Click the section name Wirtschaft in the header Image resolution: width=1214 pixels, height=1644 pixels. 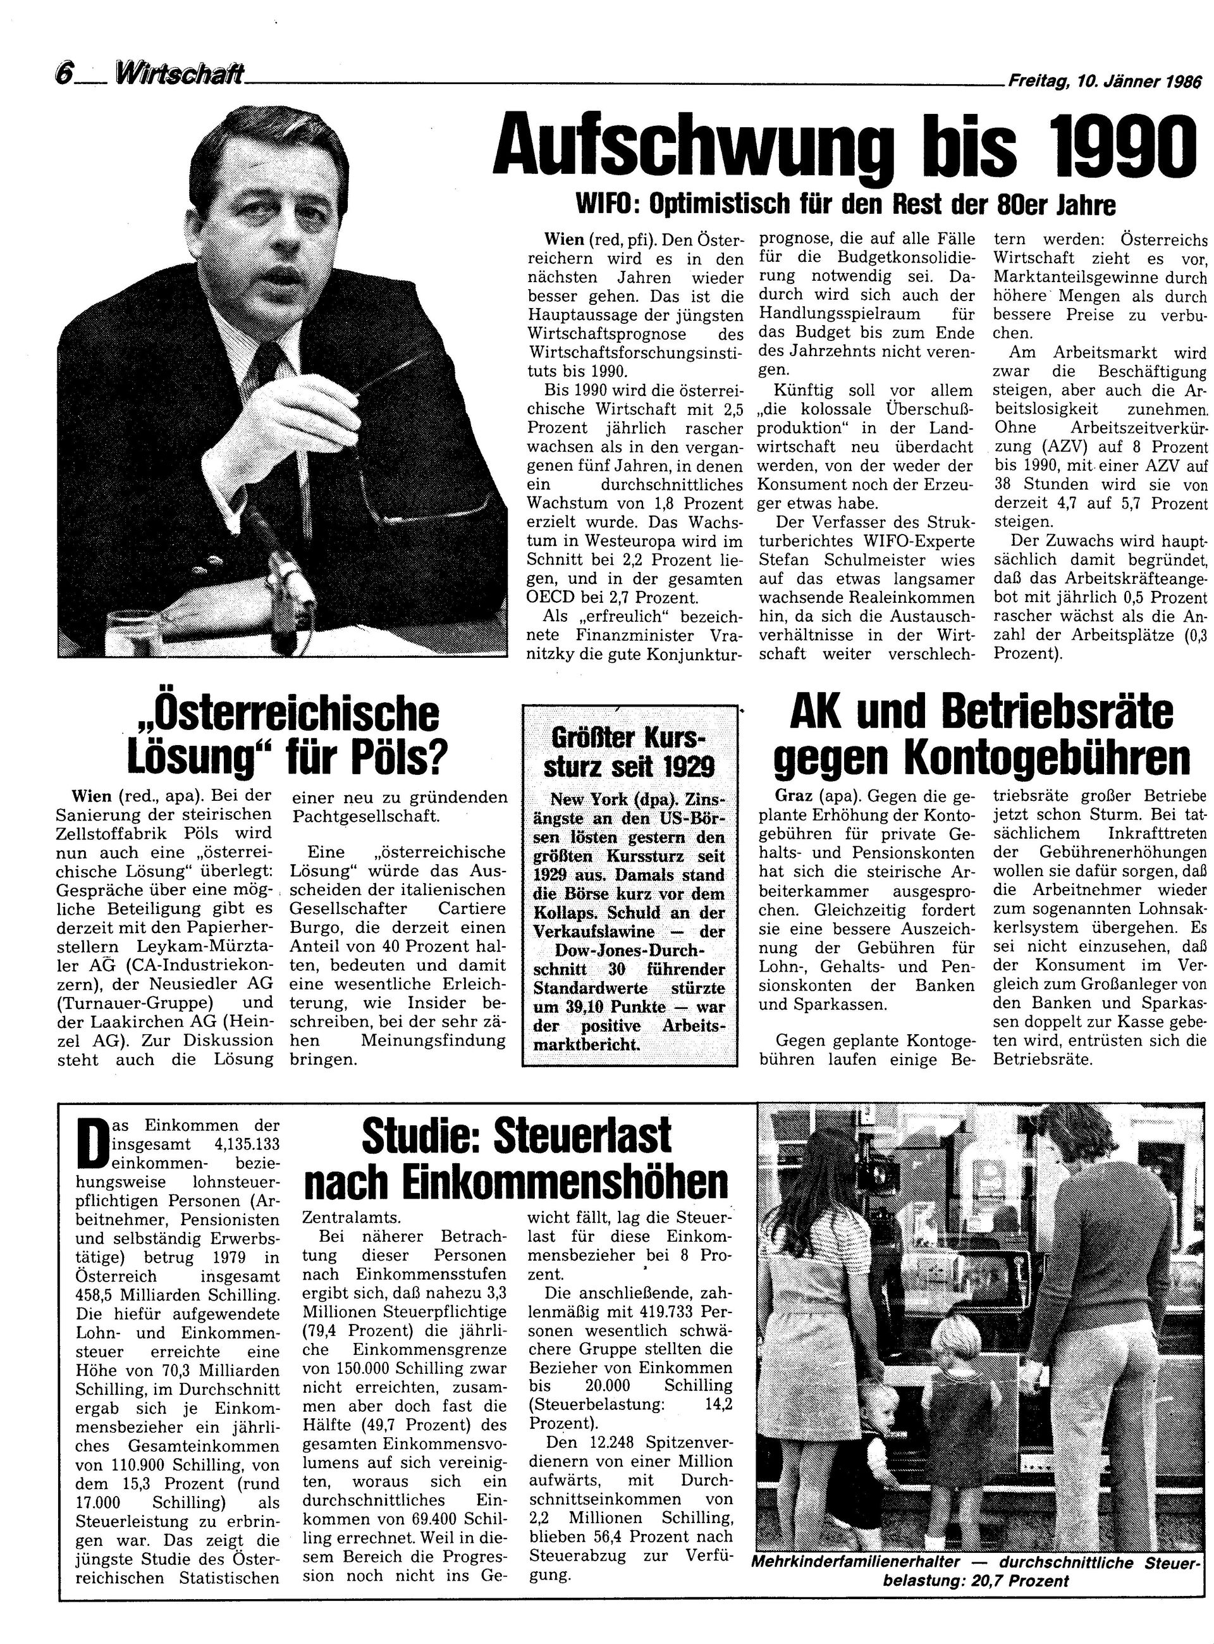pos(180,74)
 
